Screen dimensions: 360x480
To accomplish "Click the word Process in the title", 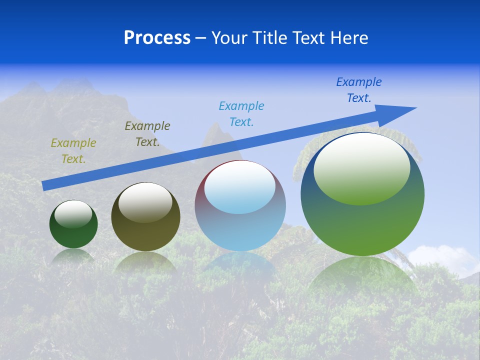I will pos(157,38).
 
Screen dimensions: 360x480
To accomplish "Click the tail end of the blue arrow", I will pos(45,185).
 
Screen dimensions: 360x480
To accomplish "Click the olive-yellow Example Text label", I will pos(73,151).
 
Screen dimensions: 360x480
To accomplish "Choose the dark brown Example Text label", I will pos(147,134).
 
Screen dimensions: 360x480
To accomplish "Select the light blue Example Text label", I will pos(241,114).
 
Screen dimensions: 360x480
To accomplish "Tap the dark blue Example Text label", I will pos(359,90).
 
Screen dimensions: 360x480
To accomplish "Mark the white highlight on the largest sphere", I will pos(361,167).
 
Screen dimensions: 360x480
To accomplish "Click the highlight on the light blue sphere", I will pos(240,187).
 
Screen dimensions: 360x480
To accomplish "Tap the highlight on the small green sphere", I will pos(73,214).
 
